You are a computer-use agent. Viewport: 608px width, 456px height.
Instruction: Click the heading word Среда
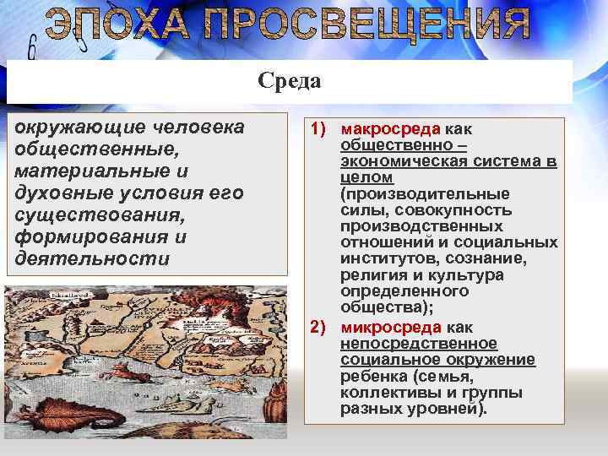coord(290,81)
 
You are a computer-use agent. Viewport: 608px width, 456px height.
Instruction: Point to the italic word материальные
coord(73,171)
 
